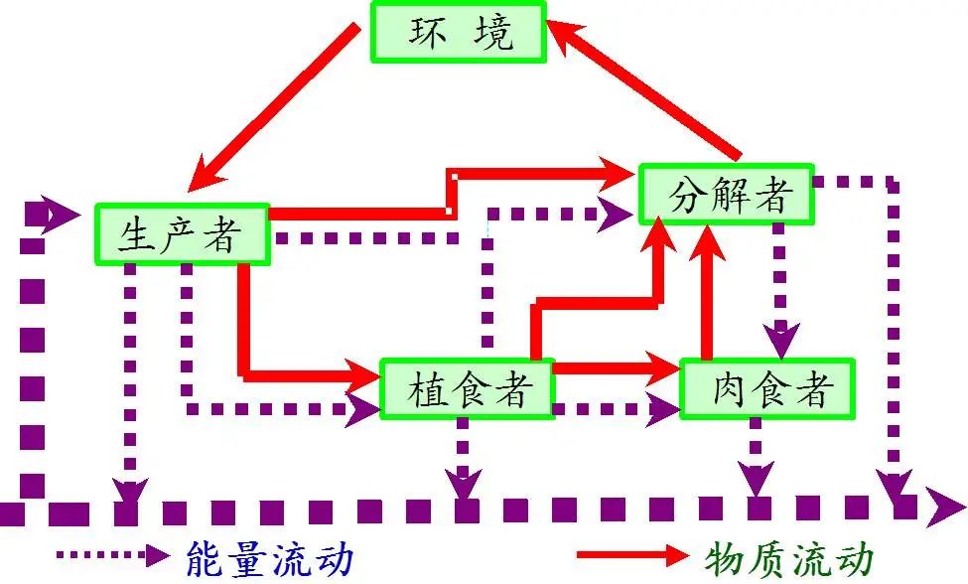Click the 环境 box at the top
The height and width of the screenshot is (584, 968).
[x=459, y=32]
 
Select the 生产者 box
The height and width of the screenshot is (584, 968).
[x=183, y=234]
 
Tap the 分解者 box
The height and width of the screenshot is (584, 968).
[x=727, y=195]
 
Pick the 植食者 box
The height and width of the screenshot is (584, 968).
[x=467, y=388]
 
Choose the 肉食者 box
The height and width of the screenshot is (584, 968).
[x=768, y=388]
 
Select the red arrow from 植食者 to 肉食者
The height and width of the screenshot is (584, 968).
[x=616, y=367]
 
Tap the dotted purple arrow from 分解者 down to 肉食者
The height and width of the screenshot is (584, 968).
[x=780, y=288]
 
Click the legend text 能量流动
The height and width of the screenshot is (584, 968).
[x=268, y=558]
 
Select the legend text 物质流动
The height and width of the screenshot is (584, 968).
[x=789, y=558]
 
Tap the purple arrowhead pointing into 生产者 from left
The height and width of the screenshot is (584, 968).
[x=60, y=213]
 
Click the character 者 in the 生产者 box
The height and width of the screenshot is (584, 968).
[x=223, y=235]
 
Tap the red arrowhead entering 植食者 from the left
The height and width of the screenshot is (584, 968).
[x=365, y=375]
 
